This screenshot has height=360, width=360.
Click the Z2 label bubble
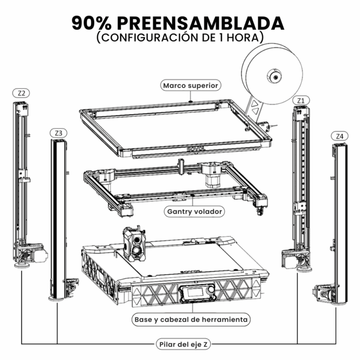coord(21,93)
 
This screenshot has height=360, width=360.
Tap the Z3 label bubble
coord(59,133)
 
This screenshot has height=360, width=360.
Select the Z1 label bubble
coord(301,101)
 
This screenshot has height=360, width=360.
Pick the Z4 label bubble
coord(339,136)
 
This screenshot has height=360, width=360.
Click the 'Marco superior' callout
coord(191,85)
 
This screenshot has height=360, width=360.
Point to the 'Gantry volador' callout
coord(194,211)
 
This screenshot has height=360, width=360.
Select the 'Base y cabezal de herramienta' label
coord(191,319)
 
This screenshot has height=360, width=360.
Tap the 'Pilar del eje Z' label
coord(183,344)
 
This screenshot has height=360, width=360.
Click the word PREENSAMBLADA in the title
coord(201,24)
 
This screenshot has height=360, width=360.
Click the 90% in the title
coord(92,24)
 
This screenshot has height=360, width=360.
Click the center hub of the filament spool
coord(275,77)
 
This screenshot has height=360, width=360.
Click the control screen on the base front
coord(194,292)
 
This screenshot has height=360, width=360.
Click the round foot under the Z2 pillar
coord(22,266)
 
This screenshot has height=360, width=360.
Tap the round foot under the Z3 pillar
coord(57,299)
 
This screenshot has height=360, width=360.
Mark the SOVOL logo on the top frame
coord(195,149)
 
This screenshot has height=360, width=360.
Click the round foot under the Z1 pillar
coord(304,269)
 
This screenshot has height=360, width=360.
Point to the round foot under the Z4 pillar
coord(338,303)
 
